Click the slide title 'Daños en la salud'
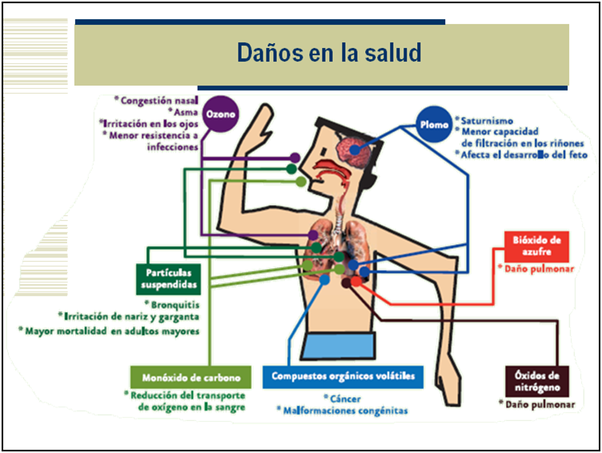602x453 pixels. tap(328, 54)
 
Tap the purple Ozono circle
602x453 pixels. tap(221, 114)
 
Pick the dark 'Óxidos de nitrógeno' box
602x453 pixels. tap(538, 381)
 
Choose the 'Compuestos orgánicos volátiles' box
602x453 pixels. tap(343, 375)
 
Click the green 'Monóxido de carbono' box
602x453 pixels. tap(191, 376)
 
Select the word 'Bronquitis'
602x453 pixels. tap(175, 305)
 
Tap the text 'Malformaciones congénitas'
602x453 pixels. tap(344, 411)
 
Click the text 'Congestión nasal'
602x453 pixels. tap(157, 101)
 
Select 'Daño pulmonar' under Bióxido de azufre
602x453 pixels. tap(538, 269)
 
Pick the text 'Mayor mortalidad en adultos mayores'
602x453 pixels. tap(110, 330)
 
